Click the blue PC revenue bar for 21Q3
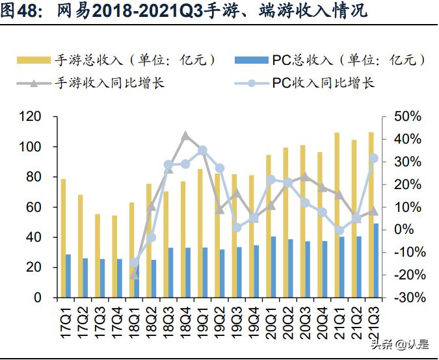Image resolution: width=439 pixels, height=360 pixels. click(x=376, y=261)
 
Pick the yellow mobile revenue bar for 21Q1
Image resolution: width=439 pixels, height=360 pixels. click(x=337, y=215)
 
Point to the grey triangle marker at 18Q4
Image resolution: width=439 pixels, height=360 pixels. click(x=185, y=135)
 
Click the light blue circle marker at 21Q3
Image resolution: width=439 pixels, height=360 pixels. click(x=373, y=158)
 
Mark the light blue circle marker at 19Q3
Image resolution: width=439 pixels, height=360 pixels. click(x=237, y=227)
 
